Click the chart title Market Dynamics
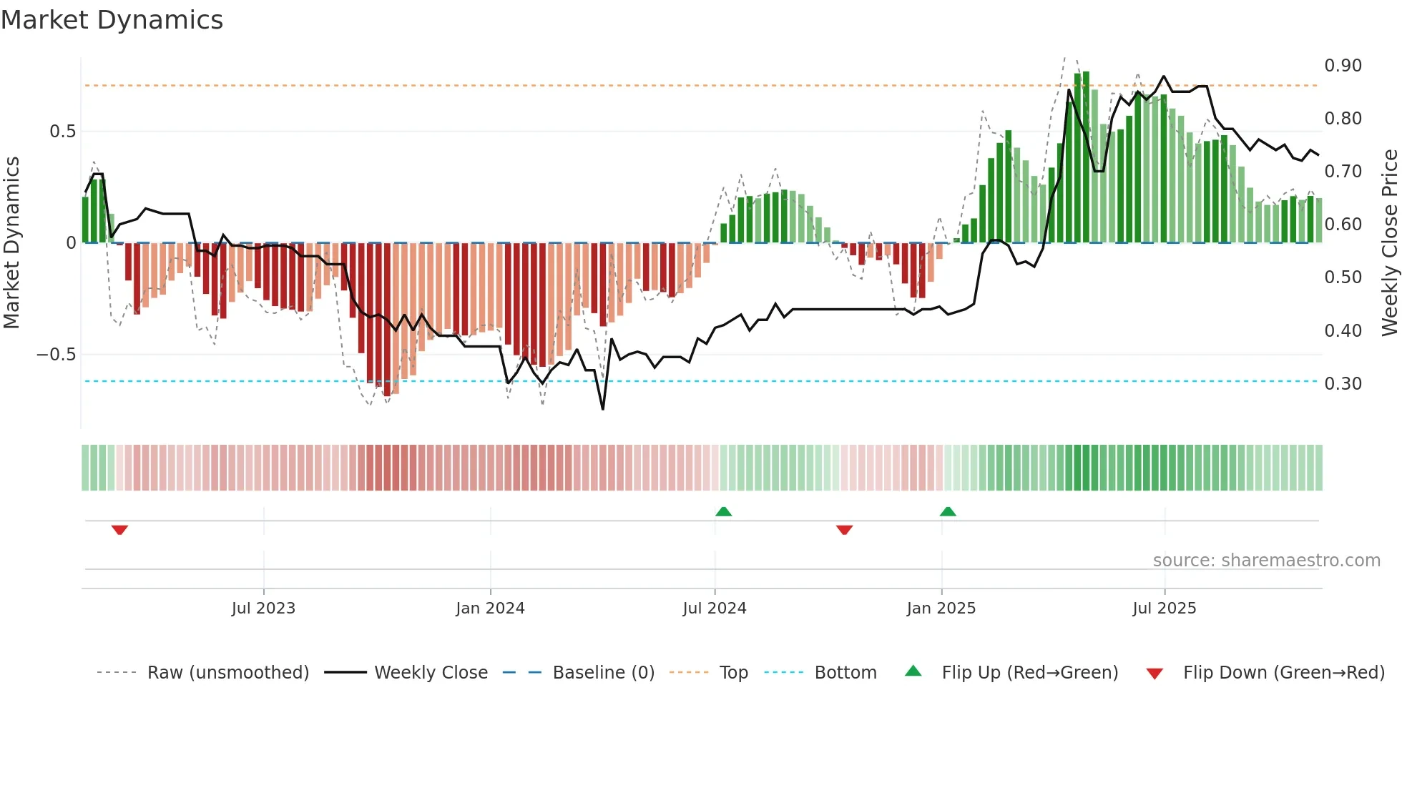click(112, 20)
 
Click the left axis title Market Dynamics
click(11, 242)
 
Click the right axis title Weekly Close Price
click(1389, 242)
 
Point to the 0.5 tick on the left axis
click(62, 132)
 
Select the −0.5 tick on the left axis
click(56, 355)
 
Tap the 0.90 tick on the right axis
click(1343, 66)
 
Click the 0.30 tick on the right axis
click(1343, 384)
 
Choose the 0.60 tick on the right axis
click(1343, 225)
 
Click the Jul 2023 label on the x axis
click(263, 609)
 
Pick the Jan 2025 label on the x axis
click(941, 609)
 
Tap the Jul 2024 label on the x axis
click(714, 609)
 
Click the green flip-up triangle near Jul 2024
click(723, 511)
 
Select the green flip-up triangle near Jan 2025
click(948, 511)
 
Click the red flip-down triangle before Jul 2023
click(119, 530)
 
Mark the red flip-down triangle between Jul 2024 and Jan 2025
click(844, 530)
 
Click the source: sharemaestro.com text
click(1266, 561)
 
